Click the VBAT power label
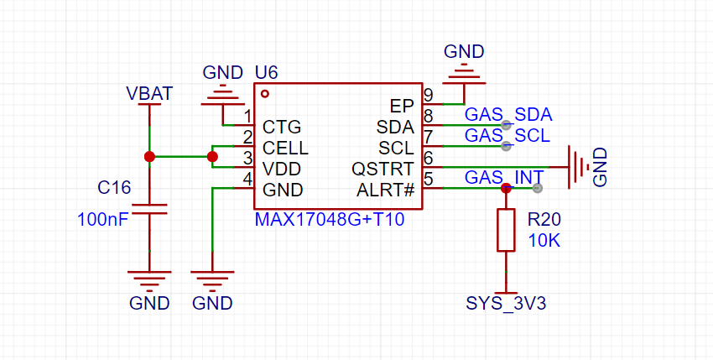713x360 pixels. point(149,93)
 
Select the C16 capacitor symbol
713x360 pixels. point(149,209)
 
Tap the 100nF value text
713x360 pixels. point(103,219)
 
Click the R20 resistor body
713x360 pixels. point(506,230)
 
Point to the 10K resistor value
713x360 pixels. point(544,241)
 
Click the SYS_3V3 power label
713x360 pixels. point(506,304)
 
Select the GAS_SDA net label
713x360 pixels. point(508,115)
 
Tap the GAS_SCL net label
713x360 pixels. point(507,136)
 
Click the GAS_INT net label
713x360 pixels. point(504,177)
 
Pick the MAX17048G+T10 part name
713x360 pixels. point(329,219)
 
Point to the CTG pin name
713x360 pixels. point(282,127)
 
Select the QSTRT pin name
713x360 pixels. point(383,170)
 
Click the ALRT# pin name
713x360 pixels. point(386,190)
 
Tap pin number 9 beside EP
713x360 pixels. point(428,95)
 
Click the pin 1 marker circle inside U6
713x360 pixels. point(265,94)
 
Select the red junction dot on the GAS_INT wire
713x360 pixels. point(506,188)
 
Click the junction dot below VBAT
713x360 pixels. point(149,157)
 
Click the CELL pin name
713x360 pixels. point(285,149)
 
